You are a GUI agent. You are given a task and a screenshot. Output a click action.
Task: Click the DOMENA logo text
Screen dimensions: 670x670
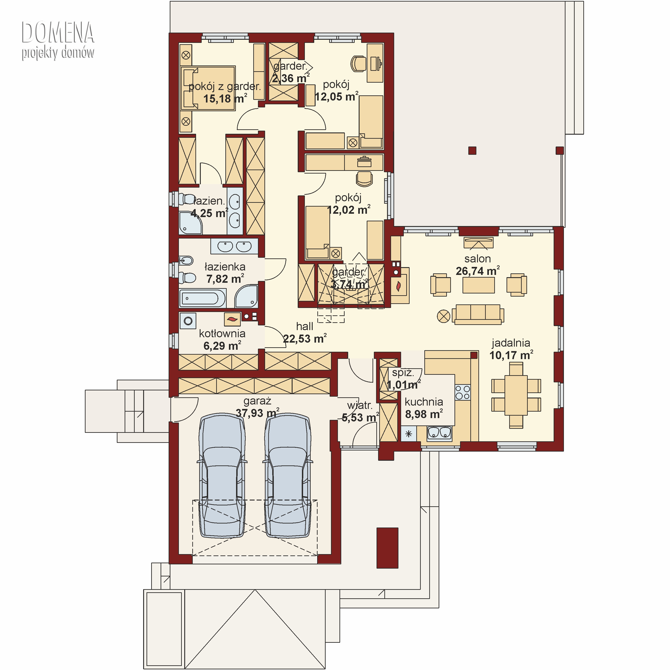58,32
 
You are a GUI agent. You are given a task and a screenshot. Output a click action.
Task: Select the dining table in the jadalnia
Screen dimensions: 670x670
516,395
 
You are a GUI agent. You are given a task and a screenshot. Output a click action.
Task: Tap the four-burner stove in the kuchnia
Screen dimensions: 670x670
463,392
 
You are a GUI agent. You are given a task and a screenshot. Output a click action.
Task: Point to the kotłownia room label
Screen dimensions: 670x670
222,334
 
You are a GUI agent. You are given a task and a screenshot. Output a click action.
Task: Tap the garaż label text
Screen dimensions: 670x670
257,401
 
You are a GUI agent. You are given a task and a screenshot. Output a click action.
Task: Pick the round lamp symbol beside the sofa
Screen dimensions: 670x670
444,316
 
